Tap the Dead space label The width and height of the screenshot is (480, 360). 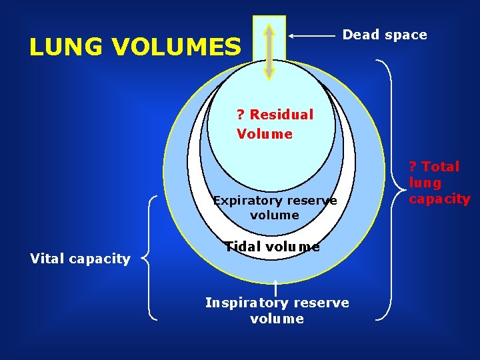click(x=385, y=35)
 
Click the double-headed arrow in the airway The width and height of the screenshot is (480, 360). click(x=269, y=51)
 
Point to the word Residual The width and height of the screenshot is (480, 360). click(x=281, y=115)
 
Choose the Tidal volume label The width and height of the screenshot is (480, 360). click(x=272, y=247)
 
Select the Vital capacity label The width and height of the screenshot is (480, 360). click(x=81, y=259)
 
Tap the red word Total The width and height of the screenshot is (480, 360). click(x=440, y=167)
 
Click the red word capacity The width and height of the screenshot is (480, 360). click(x=439, y=199)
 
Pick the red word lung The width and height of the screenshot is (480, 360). click(x=425, y=183)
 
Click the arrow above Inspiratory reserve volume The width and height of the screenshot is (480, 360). click(x=276, y=288)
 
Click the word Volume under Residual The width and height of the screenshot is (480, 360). click(x=264, y=134)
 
